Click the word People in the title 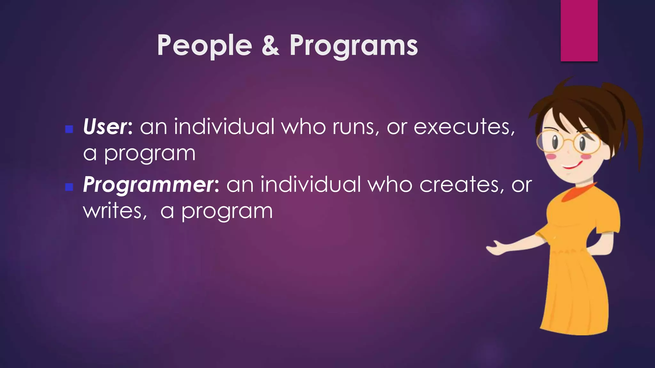[x=204, y=46]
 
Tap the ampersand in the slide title [x=271, y=46]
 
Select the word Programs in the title [x=353, y=46]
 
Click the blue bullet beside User [x=69, y=129]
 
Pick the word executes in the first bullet [x=464, y=126]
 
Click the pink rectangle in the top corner [x=579, y=30]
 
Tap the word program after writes [x=227, y=211]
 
